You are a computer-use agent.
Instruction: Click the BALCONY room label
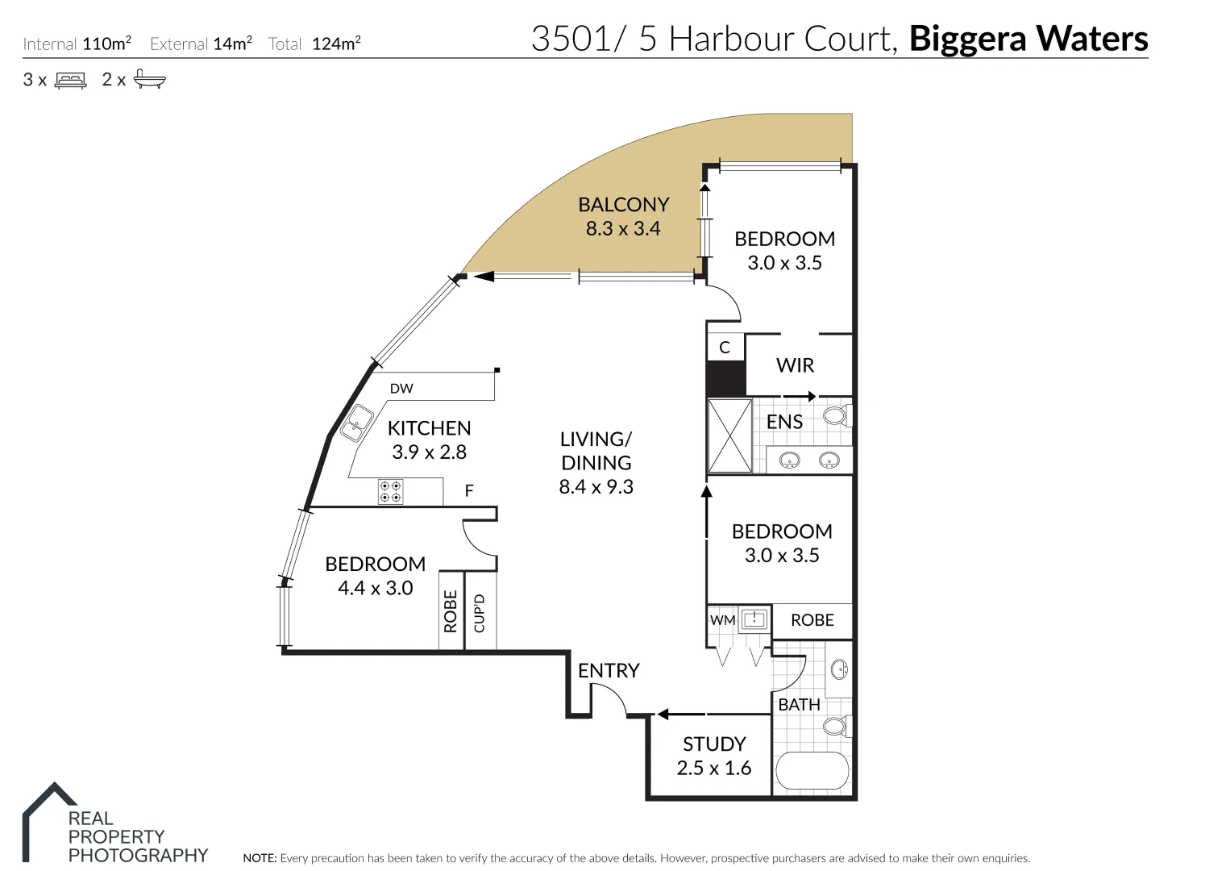[623, 205]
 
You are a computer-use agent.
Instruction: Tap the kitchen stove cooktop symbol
[391, 492]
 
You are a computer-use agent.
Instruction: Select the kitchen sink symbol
[356, 423]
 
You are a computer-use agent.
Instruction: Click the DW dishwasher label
[401, 389]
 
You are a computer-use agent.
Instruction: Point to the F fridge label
[469, 490]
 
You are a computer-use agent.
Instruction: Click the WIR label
[795, 365]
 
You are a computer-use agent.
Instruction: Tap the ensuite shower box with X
[729, 435]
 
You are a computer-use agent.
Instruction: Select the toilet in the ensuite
[836, 416]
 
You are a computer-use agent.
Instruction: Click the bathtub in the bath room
[812, 771]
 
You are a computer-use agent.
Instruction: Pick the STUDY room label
[714, 744]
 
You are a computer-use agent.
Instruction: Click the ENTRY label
[609, 670]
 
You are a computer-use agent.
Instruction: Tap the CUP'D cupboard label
[480, 613]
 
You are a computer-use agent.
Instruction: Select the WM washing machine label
[722, 620]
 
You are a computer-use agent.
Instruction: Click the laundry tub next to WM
[754, 619]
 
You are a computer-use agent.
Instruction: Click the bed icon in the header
[70, 80]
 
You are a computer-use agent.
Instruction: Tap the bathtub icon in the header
[149, 79]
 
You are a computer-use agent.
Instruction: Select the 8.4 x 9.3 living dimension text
[596, 487]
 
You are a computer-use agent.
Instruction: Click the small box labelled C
[725, 348]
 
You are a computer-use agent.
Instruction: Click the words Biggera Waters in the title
[1028, 39]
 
